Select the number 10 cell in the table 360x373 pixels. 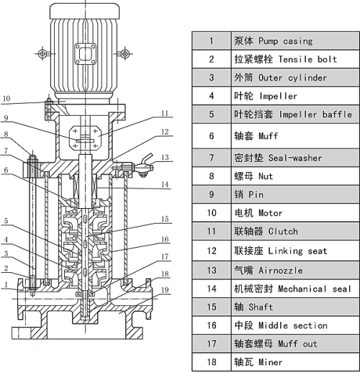click(x=212, y=212)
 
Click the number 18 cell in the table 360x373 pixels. click(x=212, y=362)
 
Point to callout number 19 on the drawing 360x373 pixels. click(x=164, y=289)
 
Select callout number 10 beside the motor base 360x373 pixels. click(x=6, y=98)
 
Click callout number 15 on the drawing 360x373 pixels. click(x=164, y=219)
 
